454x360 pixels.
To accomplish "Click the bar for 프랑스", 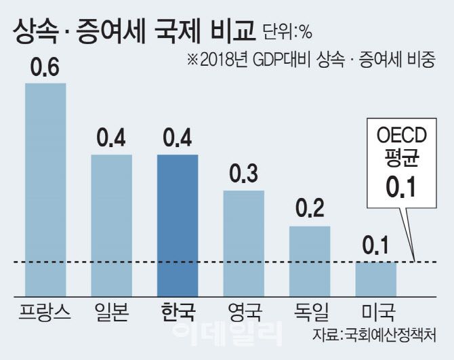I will point(45,190).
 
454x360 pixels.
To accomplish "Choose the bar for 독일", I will point(310,261).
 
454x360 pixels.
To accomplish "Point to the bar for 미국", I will point(376,279).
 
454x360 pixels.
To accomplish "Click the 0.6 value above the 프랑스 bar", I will point(45,68).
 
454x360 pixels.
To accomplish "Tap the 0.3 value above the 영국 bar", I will point(244,175).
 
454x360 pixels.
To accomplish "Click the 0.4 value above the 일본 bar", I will point(112,139).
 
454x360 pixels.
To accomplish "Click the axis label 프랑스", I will point(45,313).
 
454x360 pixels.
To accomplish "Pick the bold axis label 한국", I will point(178,313).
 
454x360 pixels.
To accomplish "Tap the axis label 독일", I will point(310,313).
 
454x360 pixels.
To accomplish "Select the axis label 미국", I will point(376,313).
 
